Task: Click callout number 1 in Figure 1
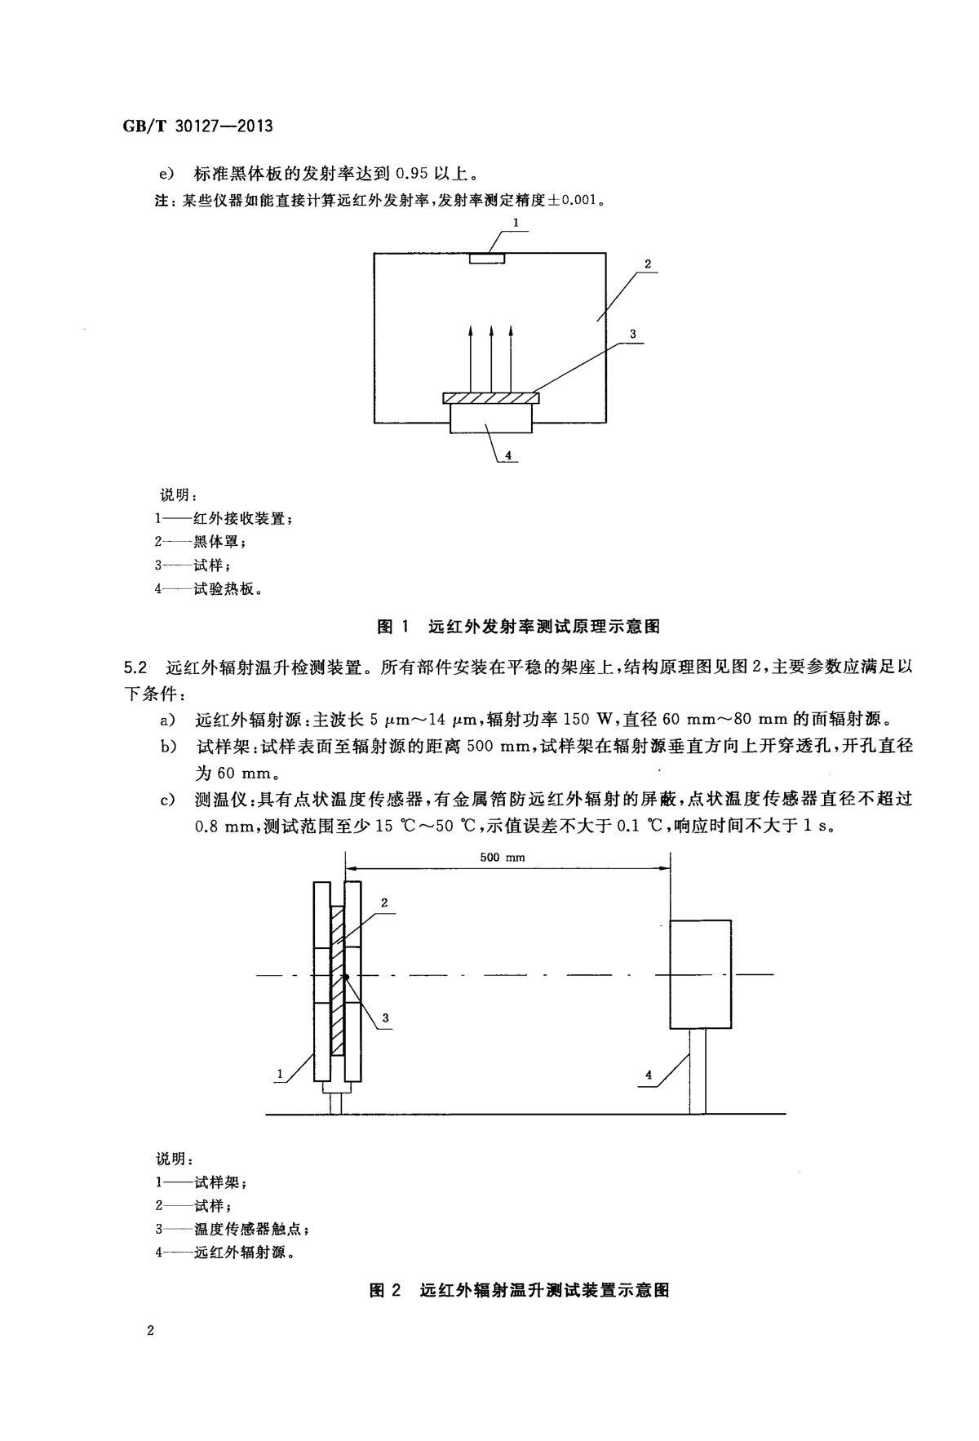516,222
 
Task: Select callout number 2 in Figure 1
646,264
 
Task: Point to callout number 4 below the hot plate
507,456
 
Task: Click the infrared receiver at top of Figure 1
488,259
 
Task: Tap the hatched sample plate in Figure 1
491,398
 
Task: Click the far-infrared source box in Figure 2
701,973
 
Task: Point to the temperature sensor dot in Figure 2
346,977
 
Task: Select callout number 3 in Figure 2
385,1018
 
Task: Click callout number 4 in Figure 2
649,1075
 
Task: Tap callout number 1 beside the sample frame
281,1074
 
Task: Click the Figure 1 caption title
518,627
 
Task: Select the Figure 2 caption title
519,1291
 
